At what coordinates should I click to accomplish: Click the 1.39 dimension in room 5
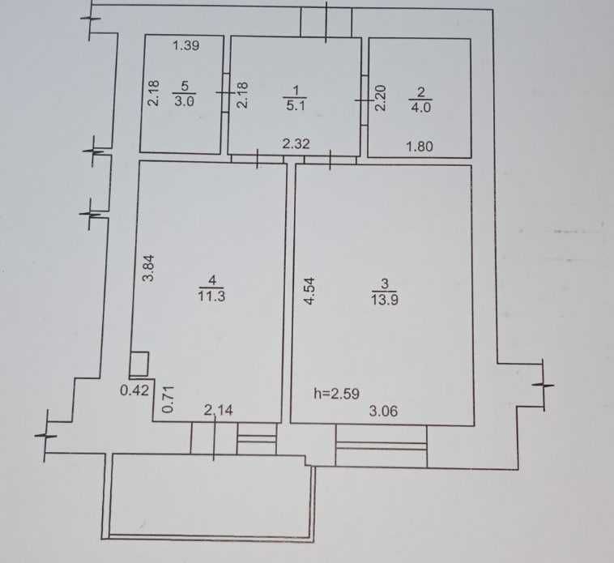pos(186,46)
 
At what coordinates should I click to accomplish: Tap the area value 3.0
pos(184,101)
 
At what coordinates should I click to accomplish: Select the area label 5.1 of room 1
pos(296,105)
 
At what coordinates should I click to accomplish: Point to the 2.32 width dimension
pos(296,143)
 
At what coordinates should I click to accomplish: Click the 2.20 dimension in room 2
pos(381,98)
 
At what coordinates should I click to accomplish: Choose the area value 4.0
pos(420,107)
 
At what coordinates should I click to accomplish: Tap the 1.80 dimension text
pos(420,147)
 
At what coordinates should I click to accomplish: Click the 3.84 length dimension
pos(149,269)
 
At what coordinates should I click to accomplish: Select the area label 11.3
pos(211,296)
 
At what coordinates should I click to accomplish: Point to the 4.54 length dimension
pos(309,291)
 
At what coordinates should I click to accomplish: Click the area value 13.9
pos(385,300)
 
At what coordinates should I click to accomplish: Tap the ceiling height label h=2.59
pos(337,394)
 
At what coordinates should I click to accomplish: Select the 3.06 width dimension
pos(383,411)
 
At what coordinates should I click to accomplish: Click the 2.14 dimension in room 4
pos(219,410)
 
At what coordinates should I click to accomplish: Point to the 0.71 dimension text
pos(168,399)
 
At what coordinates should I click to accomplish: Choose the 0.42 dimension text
pos(134,390)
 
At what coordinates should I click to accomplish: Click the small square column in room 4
pos(139,364)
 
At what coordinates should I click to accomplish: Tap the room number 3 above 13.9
pos(385,284)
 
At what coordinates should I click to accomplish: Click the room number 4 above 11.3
pos(212,280)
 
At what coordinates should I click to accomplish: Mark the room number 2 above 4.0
pos(421,92)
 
